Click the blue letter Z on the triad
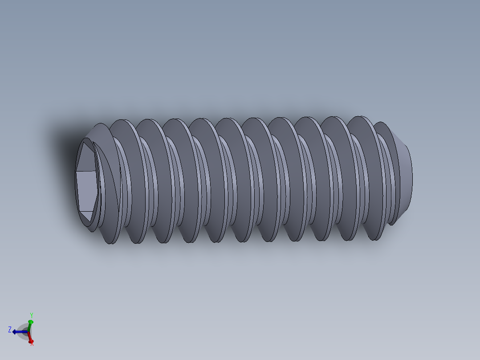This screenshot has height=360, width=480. pyautogui.click(x=9, y=330)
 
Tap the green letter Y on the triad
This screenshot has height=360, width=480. pyautogui.click(x=31, y=315)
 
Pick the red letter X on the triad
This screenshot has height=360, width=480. pyautogui.click(x=32, y=343)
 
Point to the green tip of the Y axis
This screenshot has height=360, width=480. pyautogui.click(x=30, y=322)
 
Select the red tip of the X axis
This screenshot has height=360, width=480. pyautogui.click(x=31, y=341)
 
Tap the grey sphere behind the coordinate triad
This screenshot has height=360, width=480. pyautogui.click(x=25, y=333)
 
